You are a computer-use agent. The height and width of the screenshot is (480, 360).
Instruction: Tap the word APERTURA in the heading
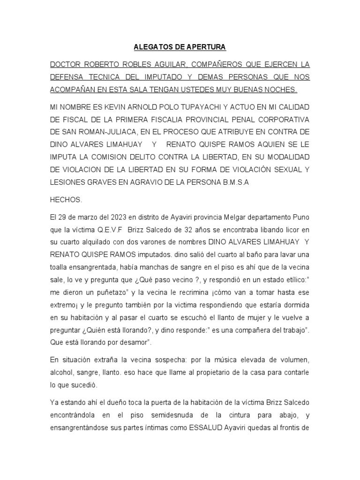tap(205, 47)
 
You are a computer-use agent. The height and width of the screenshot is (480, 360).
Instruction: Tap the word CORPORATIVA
tap(276, 120)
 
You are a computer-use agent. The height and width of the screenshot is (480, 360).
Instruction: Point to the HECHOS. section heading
tap(66, 200)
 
